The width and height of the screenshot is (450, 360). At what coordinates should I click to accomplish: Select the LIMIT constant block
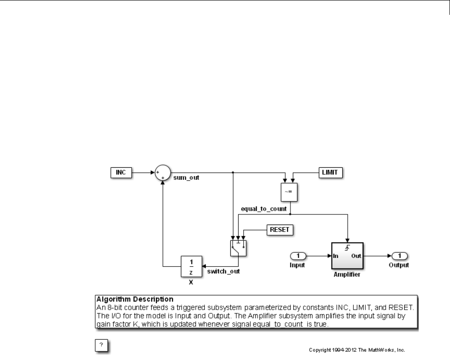coord(331,173)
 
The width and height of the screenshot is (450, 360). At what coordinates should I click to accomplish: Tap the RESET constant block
coord(280,229)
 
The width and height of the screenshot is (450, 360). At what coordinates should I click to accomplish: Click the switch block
coord(238,247)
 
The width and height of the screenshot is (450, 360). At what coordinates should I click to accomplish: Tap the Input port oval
coord(298,256)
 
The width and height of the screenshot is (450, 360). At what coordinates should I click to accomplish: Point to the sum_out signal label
coord(186,177)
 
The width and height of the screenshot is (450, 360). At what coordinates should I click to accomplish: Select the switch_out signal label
coord(223,271)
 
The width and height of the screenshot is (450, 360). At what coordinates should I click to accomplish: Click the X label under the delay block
coord(191,281)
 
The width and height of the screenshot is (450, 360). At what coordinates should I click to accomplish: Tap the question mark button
coord(102,345)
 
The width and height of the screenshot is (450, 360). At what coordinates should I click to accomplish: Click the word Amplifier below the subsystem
coord(347,274)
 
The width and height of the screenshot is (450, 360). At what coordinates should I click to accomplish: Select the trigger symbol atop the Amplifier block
coord(347,247)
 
